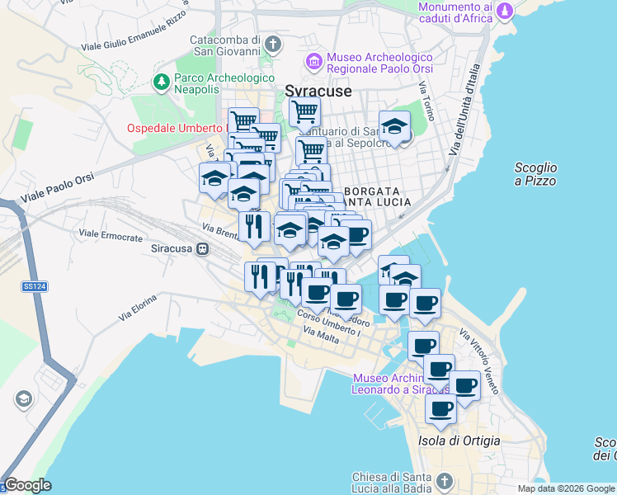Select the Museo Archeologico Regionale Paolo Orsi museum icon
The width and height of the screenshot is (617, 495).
[x=313, y=62]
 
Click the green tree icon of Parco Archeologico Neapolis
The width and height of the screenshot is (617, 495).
[x=159, y=82]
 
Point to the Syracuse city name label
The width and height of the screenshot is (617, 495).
[x=318, y=91]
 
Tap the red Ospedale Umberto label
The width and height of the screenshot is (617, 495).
[x=176, y=128]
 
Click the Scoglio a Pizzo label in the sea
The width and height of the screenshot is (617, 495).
[x=535, y=174]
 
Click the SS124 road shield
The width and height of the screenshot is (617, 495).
[x=31, y=286]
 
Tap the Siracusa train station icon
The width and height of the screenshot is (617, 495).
[x=203, y=248]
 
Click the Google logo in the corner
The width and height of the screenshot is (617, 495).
[x=27, y=485]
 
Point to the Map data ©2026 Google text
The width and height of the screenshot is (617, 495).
[x=565, y=488]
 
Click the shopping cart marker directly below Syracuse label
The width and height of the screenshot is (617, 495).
[x=304, y=110]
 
